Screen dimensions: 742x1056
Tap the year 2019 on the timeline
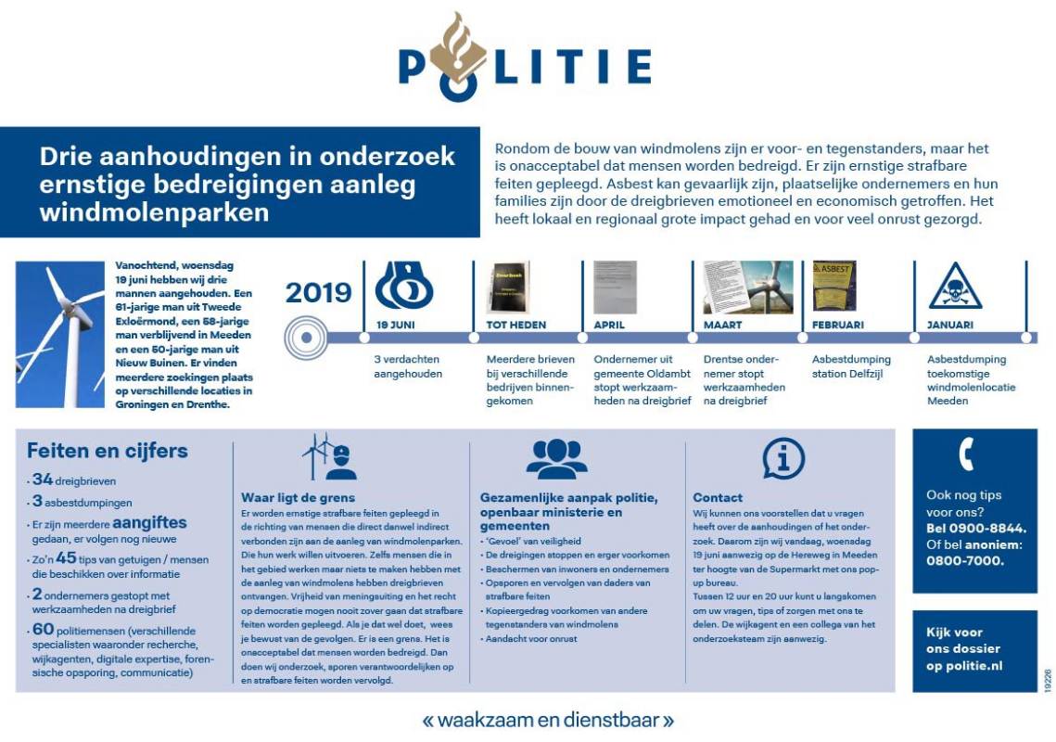318,292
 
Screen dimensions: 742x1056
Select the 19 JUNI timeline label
396,326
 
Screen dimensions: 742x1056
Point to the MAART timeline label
724,326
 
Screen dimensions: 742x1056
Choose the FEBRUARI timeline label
838,326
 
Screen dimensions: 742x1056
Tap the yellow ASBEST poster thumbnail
833,286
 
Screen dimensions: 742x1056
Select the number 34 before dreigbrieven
43,480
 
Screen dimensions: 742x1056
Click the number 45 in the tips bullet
67,557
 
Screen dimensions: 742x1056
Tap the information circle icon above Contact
782,458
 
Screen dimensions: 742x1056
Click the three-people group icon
556,458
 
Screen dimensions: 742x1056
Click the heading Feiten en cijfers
108,452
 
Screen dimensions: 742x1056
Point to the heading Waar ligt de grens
298,497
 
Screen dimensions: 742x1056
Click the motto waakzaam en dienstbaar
547,719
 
